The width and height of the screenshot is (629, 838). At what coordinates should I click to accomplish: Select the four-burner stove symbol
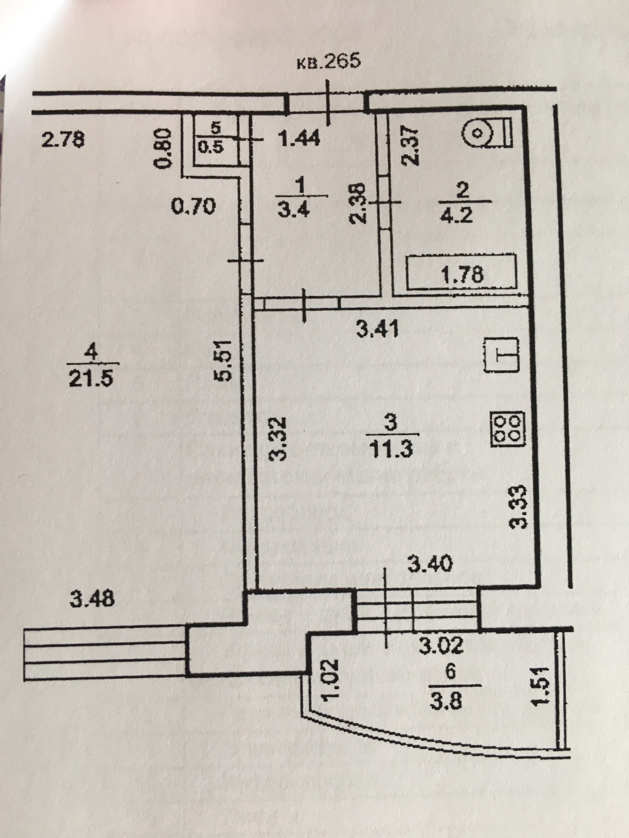pyautogui.click(x=508, y=429)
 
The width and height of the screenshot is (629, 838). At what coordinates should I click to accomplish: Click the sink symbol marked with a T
pyautogui.click(x=501, y=354)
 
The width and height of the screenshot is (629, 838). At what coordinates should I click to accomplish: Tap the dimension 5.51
pyautogui.click(x=225, y=360)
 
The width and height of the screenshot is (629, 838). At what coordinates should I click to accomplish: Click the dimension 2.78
pyautogui.click(x=63, y=140)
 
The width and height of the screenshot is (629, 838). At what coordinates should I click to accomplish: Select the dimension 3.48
pyautogui.click(x=92, y=599)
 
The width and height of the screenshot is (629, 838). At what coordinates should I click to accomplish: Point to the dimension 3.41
pyautogui.click(x=378, y=330)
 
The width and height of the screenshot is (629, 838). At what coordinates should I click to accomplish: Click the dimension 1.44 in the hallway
pyautogui.click(x=299, y=139)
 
